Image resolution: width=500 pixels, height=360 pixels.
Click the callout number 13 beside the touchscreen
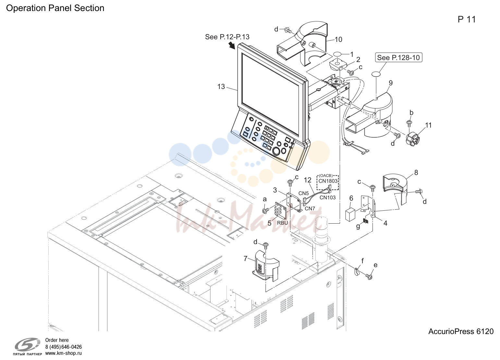(x=221, y=87)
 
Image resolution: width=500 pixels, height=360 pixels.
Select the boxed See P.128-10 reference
(x=398, y=57)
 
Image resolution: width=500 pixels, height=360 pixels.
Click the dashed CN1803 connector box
(x=328, y=182)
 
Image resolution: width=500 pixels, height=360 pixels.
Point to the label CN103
(x=327, y=197)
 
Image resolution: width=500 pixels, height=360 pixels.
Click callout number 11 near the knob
(x=428, y=125)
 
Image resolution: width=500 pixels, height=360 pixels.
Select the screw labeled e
(x=369, y=277)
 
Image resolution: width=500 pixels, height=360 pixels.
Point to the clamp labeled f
(x=357, y=271)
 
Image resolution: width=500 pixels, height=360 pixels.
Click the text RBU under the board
(x=282, y=223)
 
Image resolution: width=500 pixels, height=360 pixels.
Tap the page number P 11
(x=467, y=19)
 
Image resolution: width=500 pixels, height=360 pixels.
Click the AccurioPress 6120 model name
(x=461, y=331)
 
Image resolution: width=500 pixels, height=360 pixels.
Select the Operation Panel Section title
(x=55, y=8)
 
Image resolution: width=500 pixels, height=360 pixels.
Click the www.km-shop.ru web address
(x=63, y=353)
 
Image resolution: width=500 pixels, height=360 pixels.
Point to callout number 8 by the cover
(x=416, y=172)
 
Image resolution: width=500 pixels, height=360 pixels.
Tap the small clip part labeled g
(x=365, y=221)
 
